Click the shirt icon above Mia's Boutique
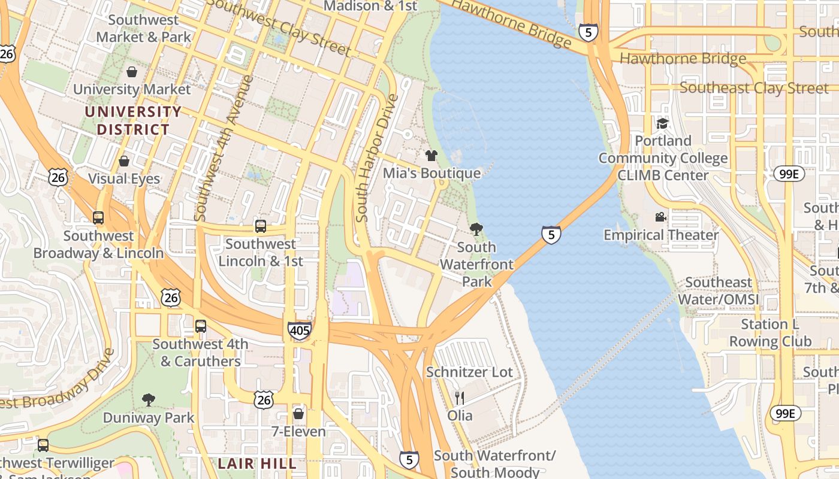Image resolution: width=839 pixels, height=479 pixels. click(x=431, y=156)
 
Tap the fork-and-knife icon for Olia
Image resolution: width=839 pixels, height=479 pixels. click(x=460, y=398)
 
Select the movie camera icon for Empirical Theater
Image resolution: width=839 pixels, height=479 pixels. click(x=660, y=217)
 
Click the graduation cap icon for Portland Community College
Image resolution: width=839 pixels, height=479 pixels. click(x=662, y=123)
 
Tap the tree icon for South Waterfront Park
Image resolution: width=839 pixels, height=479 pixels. click(x=476, y=229)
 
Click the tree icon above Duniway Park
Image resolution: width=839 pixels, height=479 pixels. click(x=148, y=400)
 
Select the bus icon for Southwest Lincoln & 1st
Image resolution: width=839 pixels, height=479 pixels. click(x=261, y=226)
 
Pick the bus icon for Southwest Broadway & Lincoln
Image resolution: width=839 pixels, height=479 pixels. click(x=98, y=218)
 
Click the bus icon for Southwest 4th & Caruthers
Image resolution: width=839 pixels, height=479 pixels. click(x=201, y=326)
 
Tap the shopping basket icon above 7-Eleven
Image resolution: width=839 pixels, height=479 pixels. click(x=298, y=414)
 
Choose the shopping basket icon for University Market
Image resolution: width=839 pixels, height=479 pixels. click(x=132, y=72)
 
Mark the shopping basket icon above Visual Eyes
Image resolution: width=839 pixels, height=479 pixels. click(x=124, y=161)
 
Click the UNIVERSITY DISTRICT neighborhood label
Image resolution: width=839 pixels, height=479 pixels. click(x=133, y=120)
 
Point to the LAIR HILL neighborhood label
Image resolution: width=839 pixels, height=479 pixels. click(x=257, y=463)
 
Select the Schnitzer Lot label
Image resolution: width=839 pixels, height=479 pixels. click(x=469, y=372)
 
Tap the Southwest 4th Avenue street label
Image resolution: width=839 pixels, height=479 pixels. click(x=222, y=147)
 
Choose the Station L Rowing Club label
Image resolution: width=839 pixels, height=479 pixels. click(x=770, y=333)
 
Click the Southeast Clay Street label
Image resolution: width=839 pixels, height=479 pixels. click(x=754, y=88)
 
